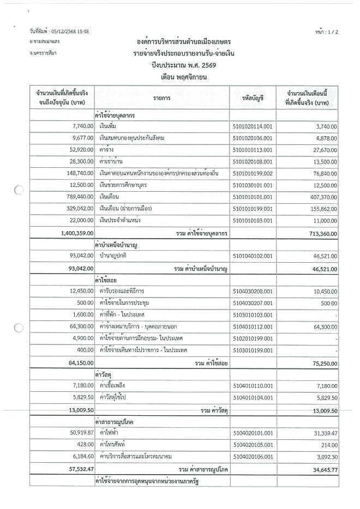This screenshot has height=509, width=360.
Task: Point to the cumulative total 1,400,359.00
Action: pyautogui.click(x=74, y=233)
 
